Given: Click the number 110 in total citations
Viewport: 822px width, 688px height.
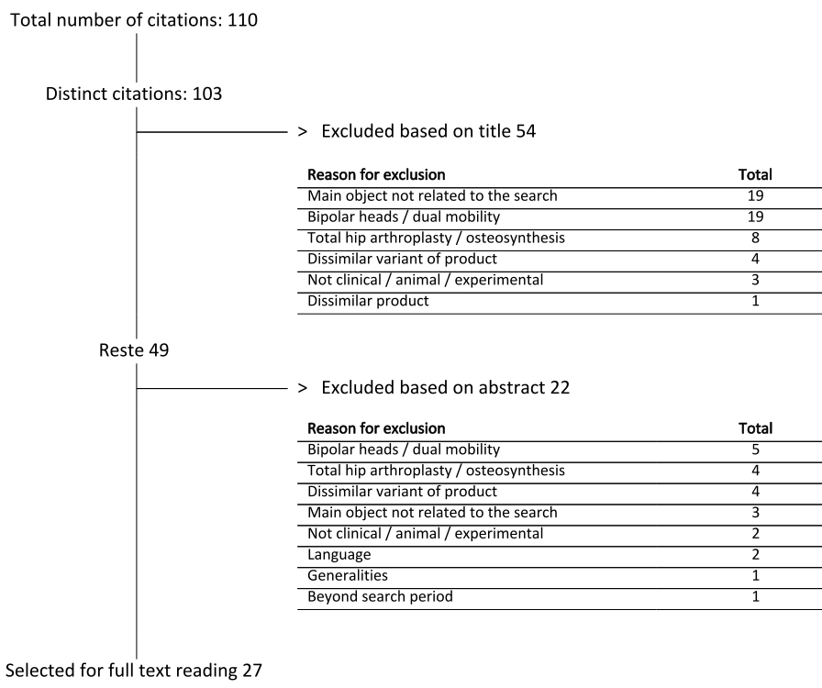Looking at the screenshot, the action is [242, 20].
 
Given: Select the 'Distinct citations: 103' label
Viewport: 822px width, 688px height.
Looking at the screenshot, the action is [134, 94].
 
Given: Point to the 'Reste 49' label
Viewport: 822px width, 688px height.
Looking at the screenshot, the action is [134, 350].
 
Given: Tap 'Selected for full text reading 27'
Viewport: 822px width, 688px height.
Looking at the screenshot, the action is [133, 671].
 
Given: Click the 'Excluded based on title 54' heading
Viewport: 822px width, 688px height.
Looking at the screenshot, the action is [428, 131].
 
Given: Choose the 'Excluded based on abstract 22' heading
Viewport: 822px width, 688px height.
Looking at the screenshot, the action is [445, 387].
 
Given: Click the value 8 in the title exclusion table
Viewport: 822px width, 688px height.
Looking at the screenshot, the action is [755, 239].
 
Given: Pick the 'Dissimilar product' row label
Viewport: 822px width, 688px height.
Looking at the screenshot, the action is [368, 301].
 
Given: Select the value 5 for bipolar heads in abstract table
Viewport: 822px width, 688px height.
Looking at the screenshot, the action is [755, 449].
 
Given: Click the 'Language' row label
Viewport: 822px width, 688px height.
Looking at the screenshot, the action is [339, 555].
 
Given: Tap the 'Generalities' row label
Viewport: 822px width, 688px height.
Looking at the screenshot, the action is [348, 575].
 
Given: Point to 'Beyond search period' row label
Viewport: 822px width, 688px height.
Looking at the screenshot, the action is [380, 597].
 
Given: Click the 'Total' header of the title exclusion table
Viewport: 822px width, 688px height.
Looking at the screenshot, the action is [755, 174].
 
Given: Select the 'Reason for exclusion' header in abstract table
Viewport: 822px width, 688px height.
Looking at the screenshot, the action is [376, 428].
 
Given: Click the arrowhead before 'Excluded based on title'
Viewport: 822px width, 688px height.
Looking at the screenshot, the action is [302, 131].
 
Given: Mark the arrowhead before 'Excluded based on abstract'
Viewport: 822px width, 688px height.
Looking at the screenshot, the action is [302, 388].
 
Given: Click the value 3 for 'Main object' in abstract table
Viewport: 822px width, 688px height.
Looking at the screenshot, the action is [755, 512].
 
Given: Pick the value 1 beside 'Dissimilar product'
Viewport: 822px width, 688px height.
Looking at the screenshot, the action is [755, 301].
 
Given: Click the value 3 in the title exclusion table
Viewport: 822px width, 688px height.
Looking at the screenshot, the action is [755, 280].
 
